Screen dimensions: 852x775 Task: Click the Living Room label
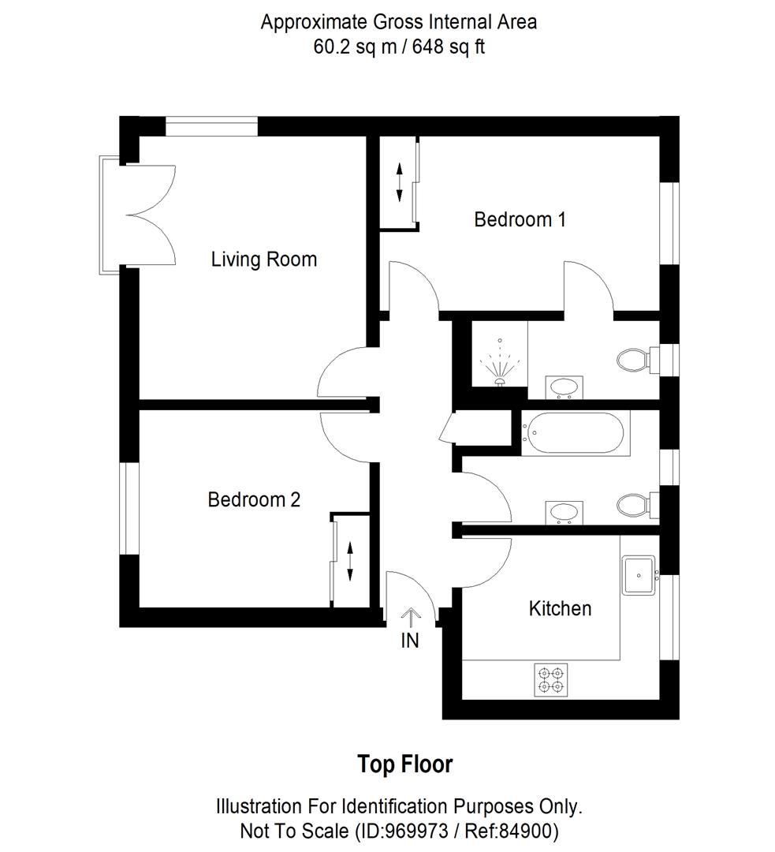[x=263, y=260]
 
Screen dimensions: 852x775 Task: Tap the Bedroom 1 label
[x=520, y=219]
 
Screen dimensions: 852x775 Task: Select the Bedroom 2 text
[x=254, y=499]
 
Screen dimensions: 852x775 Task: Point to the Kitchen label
[x=560, y=608]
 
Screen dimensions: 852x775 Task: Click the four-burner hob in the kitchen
[x=551, y=679]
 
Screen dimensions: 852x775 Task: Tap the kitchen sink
[x=639, y=575]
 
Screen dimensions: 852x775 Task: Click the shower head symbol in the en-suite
[x=499, y=363]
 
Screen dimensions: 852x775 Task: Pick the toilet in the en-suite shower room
[x=633, y=361]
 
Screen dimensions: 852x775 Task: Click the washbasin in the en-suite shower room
[x=564, y=387]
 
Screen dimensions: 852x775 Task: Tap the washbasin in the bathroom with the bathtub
[x=564, y=511]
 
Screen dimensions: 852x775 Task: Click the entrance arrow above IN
[x=410, y=616]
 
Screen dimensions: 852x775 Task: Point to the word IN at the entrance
[x=410, y=640]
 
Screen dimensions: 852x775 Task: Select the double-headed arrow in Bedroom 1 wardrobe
[x=399, y=181]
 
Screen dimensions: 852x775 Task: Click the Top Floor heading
[x=405, y=764]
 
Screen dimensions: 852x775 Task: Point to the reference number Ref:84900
[x=512, y=831]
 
